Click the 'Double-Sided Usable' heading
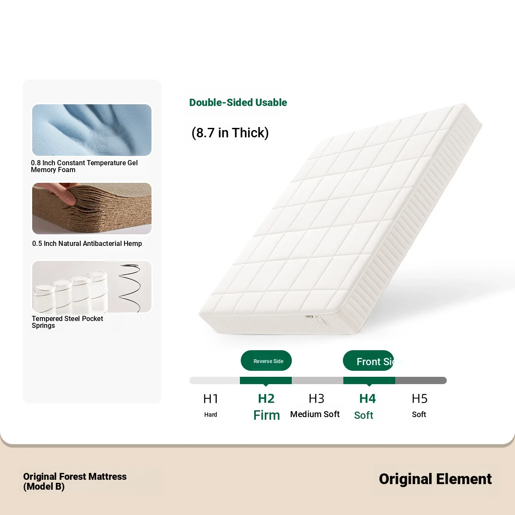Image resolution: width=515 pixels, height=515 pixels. [x=238, y=103]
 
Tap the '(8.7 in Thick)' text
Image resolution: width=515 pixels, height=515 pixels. [x=230, y=133]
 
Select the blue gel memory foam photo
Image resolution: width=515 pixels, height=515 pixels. [x=92, y=130]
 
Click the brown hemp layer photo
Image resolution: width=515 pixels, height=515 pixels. [x=92, y=209]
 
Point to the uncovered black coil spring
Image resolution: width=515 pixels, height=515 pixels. [x=130, y=288]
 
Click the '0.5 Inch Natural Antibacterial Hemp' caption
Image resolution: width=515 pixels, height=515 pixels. [x=87, y=243]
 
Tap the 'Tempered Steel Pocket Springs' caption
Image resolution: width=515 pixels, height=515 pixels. [x=67, y=322]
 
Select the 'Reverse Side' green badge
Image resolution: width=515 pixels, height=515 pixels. [x=266, y=360]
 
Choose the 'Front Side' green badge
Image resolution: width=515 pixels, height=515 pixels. [x=368, y=360]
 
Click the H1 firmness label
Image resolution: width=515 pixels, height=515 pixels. [x=211, y=399]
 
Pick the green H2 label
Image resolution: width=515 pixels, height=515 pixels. [x=266, y=399]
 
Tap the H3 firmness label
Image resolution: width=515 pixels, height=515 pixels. [x=316, y=399]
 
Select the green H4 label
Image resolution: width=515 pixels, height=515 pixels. [x=367, y=399]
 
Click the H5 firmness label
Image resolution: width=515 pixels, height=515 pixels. [x=420, y=399]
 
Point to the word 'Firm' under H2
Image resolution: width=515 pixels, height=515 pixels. [x=267, y=415]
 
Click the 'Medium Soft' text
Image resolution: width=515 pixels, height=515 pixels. [x=315, y=414]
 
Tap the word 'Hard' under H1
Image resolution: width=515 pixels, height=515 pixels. [x=211, y=415]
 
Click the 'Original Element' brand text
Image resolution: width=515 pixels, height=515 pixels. [x=435, y=479]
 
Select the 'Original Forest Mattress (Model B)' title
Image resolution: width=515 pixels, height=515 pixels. [x=75, y=482]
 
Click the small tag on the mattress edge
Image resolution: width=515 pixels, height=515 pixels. [x=313, y=317]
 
